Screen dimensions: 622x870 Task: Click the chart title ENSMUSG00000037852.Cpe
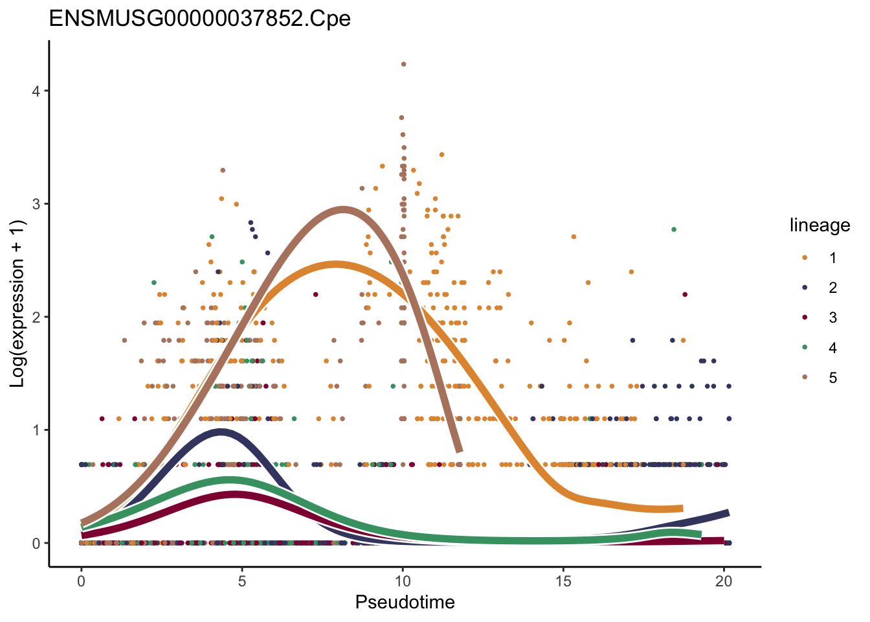200,18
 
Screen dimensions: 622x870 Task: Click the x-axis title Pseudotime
405,603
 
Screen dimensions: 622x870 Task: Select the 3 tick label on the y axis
36,204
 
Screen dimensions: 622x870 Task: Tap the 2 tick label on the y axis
36,317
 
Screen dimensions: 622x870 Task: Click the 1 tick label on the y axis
36,430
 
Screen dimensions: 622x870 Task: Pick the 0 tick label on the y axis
36,543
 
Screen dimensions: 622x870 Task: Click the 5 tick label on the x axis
242,581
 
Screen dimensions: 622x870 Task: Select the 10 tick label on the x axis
403,581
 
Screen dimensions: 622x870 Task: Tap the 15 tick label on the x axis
563,581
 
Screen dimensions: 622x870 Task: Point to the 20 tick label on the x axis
724,581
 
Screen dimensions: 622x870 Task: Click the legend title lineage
820,225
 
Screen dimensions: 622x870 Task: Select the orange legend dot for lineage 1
805,258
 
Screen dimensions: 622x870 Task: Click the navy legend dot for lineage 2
805,288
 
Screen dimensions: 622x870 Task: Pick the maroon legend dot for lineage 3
805,317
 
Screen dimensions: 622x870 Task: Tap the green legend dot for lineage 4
805,348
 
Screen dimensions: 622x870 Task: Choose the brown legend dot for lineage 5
805,378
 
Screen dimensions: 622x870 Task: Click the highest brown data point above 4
403,64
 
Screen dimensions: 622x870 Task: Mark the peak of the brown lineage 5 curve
343,209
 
